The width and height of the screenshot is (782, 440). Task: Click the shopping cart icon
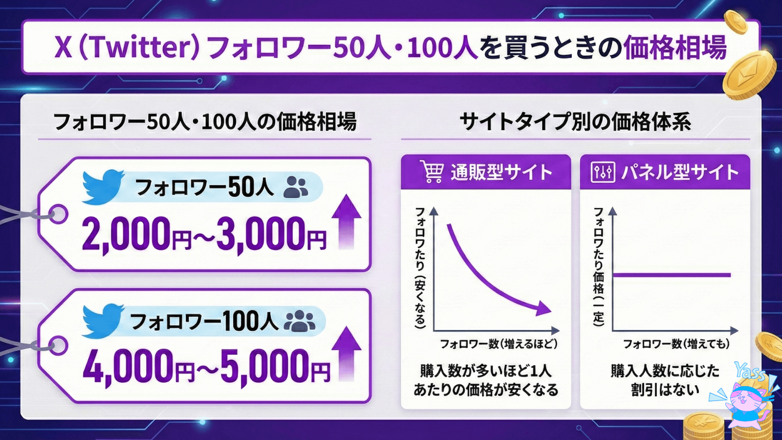pos(432,172)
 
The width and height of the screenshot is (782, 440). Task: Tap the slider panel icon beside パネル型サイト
pos(603,172)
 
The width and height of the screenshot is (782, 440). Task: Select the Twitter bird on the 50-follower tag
pos(103,187)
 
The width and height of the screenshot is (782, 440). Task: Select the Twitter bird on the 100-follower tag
pos(103,321)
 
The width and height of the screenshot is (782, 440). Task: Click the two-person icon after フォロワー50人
pos(296,187)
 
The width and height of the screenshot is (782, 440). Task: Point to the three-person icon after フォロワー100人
pos(300,321)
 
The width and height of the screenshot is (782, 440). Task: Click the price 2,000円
pos(136,234)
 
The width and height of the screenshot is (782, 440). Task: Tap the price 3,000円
pos(271,234)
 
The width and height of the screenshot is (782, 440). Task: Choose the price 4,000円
pos(138,367)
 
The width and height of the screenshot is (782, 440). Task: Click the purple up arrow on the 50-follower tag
pos(346,222)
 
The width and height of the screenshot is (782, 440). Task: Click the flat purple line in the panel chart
pos(672,275)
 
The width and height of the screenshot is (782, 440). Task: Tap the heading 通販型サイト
pos(501,172)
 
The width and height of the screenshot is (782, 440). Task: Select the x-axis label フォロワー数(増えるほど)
pos(499,344)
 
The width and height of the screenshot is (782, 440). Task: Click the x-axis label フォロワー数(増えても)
pos(676,344)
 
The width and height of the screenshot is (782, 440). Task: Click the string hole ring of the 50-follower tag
pos(58,214)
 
